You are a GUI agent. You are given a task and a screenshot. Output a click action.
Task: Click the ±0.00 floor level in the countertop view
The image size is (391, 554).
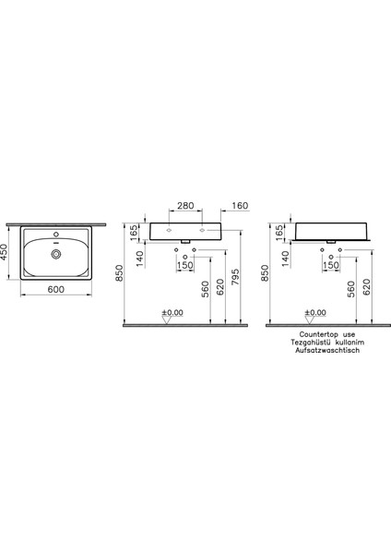(x=316, y=313)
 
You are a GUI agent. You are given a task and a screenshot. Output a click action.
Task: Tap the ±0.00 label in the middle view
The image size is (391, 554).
(x=172, y=313)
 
